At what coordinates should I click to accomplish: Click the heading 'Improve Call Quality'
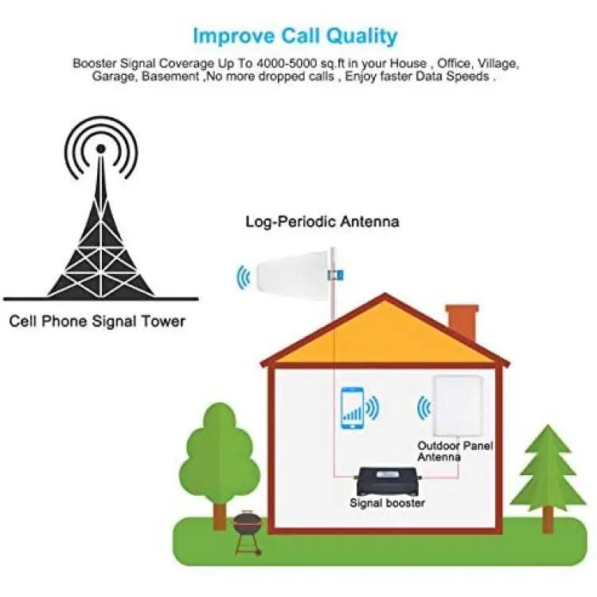295,36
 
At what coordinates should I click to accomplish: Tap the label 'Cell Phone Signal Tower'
97,322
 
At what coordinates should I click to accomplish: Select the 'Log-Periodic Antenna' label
322,221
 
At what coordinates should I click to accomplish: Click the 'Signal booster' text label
387,503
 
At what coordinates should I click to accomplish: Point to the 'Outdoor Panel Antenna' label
455,451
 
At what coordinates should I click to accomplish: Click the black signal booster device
388,480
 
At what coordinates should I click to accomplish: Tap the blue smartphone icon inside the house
352,408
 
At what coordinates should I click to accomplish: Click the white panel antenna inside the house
458,406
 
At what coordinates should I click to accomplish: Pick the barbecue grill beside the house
248,533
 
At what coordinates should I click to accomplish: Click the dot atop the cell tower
100,149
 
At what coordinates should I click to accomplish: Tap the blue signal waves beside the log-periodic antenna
244,277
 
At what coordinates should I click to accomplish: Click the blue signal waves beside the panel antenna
423,408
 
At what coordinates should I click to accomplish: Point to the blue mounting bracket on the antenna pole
335,275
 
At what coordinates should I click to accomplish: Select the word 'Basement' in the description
170,76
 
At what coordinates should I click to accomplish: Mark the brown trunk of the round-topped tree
220,516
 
